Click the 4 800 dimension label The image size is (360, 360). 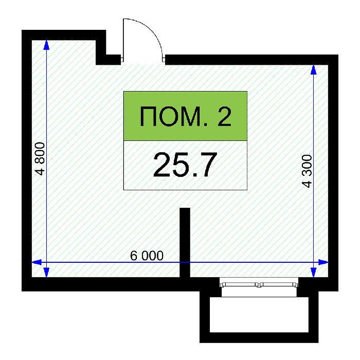pyautogui.click(x=40, y=158)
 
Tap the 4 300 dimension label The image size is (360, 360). pyautogui.click(x=307, y=171)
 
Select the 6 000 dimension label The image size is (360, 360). pyautogui.click(x=147, y=256)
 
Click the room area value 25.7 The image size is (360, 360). pyautogui.click(x=185, y=165)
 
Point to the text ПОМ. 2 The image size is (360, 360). pyautogui.click(x=186, y=116)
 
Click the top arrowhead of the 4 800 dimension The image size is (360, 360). pyautogui.click(x=46, y=45)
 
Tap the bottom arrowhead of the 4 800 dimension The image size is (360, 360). pyautogui.click(x=46, y=272)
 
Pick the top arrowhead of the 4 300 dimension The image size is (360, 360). pyautogui.click(x=314, y=69)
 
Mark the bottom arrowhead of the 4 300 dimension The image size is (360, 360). pyautogui.click(x=314, y=272)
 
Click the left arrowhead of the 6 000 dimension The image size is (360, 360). pyautogui.click(x=37, y=262)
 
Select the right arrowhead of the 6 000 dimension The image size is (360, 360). pyautogui.click(x=323, y=262)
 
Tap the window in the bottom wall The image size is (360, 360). pyautogui.click(x=259, y=284)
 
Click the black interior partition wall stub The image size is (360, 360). pyautogui.click(x=185, y=242)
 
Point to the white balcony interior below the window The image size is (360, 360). pyautogui.click(x=259, y=315)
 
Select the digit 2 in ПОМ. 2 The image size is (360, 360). pyautogui.click(x=224, y=116)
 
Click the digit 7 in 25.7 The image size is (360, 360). pyautogui.click(x=208, y=165)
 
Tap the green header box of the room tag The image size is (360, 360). pyautogui.click(x=185, y=116)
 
